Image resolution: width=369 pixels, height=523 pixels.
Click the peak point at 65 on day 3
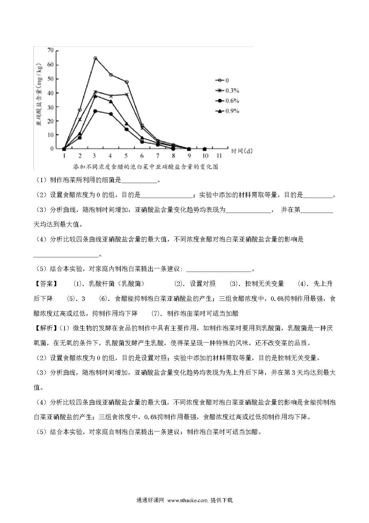click(x=95, y=58)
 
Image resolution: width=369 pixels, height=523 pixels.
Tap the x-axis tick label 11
click(x=219, y=156)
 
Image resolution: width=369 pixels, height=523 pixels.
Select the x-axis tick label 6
click(x=142, y=156)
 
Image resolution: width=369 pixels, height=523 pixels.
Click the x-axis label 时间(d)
click(x=242, y=151)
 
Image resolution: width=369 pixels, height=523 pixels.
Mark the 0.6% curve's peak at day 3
click(x=95, y=111)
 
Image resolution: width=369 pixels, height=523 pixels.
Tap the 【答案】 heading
click(x=45, y=284)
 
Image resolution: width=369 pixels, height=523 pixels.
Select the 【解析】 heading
click(x=45, y=328)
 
